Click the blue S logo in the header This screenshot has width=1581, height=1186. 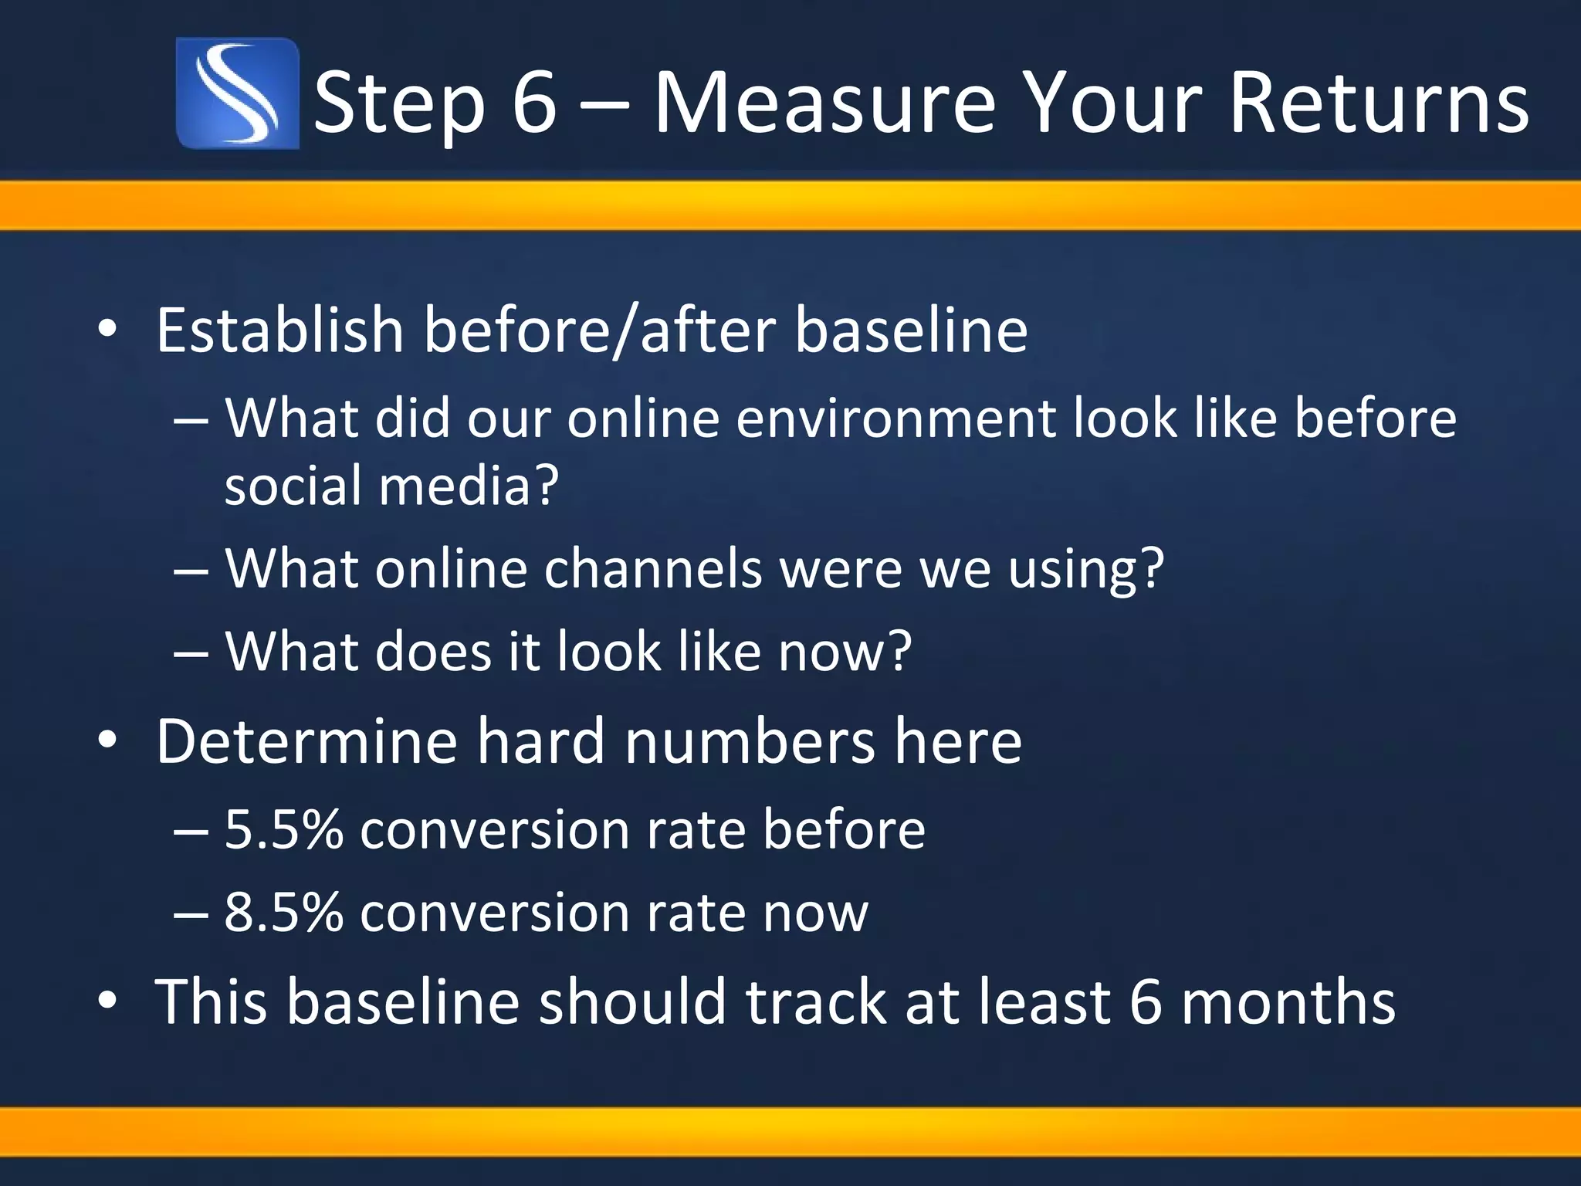point(237,93)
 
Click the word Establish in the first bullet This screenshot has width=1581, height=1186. point(279,330)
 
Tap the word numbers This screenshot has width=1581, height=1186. point(750,741)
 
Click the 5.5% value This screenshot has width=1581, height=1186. point(283,830)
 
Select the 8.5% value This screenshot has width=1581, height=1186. point(283,913)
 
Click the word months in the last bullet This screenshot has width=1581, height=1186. point(1288,1001)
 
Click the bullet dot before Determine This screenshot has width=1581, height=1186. point(107,741)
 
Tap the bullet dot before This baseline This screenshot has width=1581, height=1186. point(107,1001)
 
